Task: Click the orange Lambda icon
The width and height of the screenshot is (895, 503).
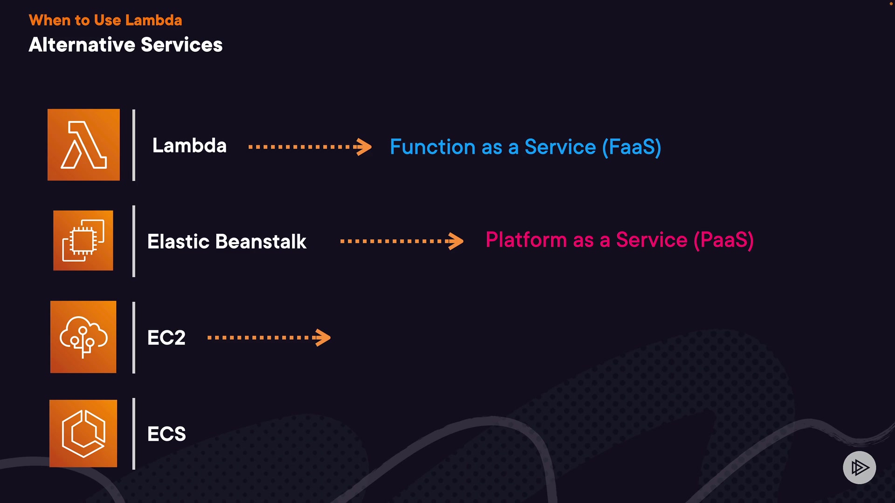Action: [x=83, y=145]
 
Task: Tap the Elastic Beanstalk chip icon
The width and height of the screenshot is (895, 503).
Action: [x=83, y=240]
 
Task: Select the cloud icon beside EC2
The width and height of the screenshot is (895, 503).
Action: [x=83, y=337]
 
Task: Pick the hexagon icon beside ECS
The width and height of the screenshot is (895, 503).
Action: [x=83, y=433]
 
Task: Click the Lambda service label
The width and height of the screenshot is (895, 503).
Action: [x=189, y=146]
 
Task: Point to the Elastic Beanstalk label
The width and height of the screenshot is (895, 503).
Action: [x=227, y=242]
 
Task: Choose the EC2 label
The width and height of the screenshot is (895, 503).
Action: [x=166, y=338]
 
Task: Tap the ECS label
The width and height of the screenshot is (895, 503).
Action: [x=166, y=434]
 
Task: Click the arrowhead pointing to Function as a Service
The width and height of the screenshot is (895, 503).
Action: [x=364, y=147]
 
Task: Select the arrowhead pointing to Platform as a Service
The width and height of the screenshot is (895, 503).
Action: [x=456, y=241]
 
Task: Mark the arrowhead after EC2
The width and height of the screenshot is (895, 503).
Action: [x=323, y=338]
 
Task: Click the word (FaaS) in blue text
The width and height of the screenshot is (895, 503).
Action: [x=631, y=147]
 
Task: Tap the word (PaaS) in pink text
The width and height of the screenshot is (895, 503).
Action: [x=723, y=240]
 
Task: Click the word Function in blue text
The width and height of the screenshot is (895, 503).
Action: [x=433, y=147]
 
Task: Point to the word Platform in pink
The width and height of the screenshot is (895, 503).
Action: [x=526, y=240]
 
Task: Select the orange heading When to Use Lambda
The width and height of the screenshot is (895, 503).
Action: [x=105, y=20]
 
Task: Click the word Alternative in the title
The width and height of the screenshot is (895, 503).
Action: [x=82, y=45]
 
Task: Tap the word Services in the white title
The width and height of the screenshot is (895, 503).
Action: [x=182, y=45]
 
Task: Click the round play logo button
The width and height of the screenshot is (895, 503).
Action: [x=859, y=467]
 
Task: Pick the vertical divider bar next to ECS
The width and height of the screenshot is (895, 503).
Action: [x=134, y=434]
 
